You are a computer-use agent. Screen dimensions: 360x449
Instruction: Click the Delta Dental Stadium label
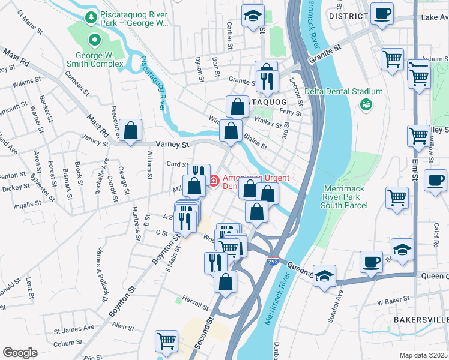343,91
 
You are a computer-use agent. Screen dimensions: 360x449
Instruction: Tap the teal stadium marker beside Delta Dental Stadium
365,104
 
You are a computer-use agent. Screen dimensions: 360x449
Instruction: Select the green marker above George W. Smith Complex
94,40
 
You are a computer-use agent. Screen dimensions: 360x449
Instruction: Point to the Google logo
20,353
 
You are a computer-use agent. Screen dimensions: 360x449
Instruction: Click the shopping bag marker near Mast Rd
130,130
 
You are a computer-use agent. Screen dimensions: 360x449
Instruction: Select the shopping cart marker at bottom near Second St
166,340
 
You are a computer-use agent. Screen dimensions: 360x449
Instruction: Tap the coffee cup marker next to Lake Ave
381,13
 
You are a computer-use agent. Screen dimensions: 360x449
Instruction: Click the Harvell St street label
187,301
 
